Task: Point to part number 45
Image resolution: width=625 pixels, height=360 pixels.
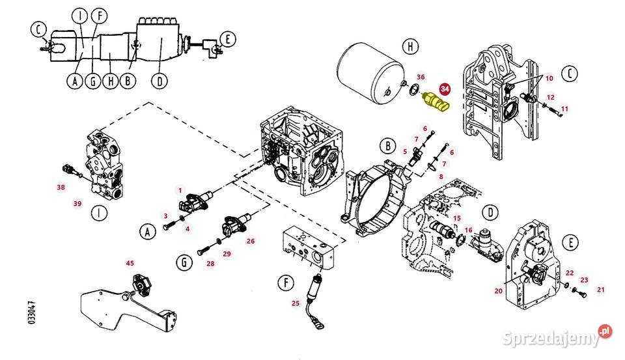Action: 130,263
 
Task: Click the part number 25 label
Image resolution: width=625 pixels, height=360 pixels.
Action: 295,303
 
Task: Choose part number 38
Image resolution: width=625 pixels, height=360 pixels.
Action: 61,188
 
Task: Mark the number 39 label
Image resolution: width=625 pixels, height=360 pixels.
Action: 77,204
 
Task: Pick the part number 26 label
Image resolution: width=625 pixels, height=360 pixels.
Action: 250,240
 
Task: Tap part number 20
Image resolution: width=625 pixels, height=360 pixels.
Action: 499,291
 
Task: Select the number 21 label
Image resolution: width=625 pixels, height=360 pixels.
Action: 601,290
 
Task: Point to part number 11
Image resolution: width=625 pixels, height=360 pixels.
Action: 564,108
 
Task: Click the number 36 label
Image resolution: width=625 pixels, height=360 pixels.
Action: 421,77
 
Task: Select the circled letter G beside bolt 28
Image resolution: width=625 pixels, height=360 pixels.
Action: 185,263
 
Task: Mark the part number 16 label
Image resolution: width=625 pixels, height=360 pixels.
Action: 469,230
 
